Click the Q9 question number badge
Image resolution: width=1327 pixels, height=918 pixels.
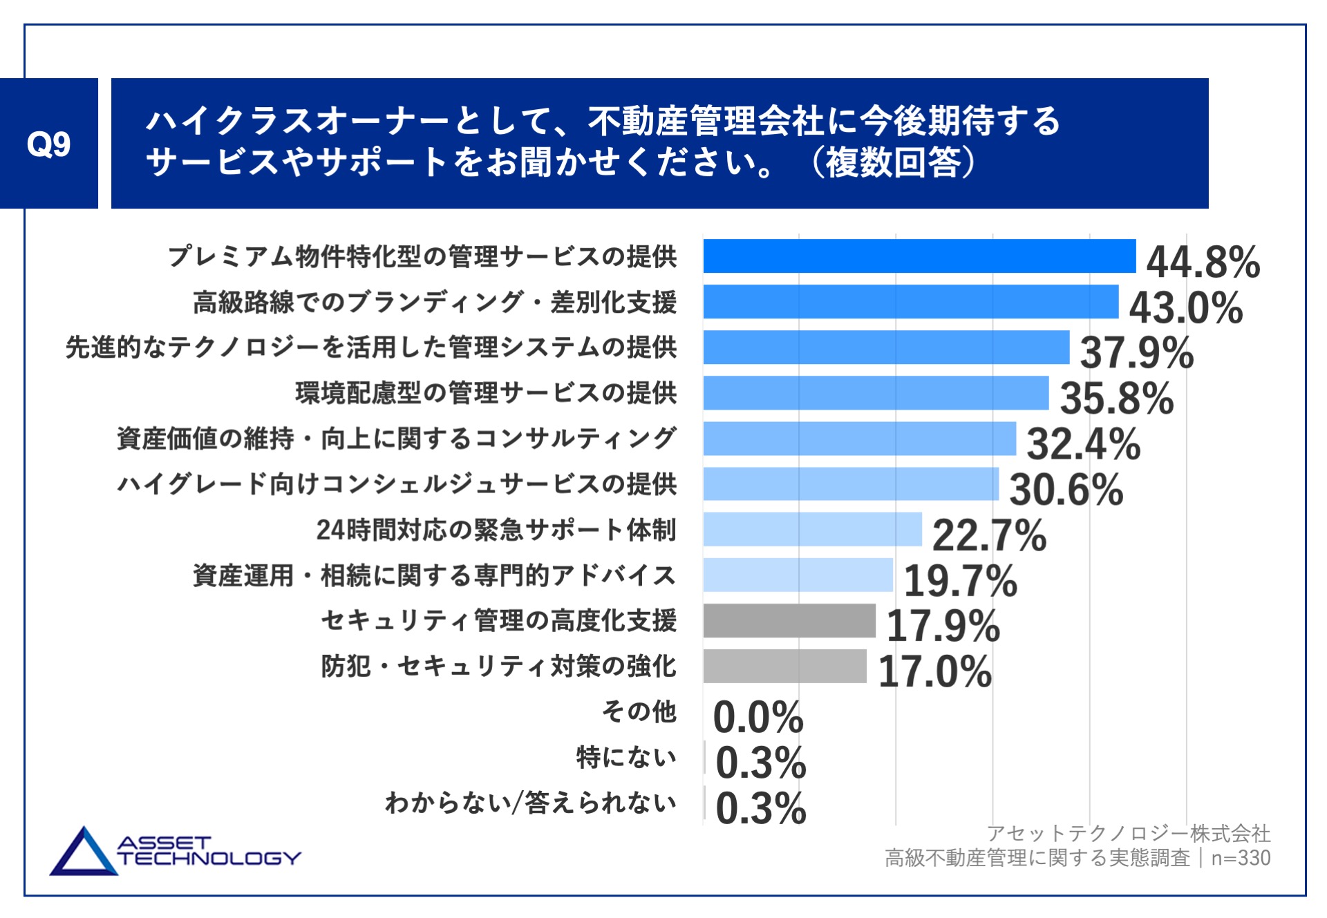(x=48, y=144)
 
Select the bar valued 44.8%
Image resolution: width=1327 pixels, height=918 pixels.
(x=919, y=256)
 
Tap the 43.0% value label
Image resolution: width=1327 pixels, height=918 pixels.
(x=1185, y=307)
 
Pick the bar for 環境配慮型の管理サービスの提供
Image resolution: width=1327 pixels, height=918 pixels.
(x=876, y=393)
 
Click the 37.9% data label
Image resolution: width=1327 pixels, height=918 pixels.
(x=1136, y=352)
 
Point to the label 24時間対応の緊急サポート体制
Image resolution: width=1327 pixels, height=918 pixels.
(x=496, y=530)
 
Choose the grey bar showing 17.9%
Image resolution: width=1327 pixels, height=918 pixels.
(x=789, y=620)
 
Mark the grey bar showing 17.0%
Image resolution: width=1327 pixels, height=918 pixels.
(x=784, y=666)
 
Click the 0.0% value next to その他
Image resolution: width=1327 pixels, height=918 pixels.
(x=758, y=717)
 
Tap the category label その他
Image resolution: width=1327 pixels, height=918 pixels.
(x=639, y=711)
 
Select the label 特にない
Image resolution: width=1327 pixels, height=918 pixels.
(x=626, y=757)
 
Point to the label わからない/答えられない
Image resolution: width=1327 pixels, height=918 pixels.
(x=530, y=803)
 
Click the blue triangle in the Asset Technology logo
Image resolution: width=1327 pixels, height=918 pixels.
(x=84, y=854)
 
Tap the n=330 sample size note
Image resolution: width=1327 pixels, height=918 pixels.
(x=1241, y=858)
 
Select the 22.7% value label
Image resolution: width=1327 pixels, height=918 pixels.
(x=989, y=535)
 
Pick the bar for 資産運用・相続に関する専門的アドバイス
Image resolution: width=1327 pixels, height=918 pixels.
(x=798, y=575)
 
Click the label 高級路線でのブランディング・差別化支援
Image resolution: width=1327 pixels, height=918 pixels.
(x=434, y=302)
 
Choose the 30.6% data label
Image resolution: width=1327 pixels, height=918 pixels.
(x=1066, y=490)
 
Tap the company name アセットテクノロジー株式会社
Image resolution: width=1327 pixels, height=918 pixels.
(x=1128, y=834)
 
